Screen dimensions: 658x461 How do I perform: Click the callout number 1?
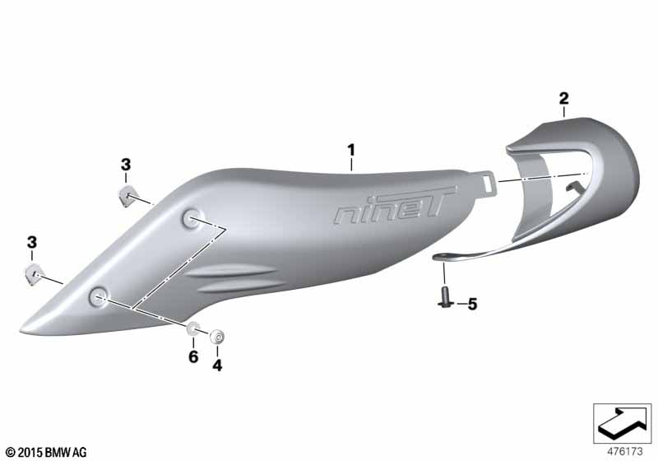[x=351, y=150]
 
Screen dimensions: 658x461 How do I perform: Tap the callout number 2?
[x=563, y=99]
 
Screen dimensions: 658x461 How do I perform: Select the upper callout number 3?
[x=126, y=165]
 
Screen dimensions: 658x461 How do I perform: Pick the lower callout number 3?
[x=32, y=242]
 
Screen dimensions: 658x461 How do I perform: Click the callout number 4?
[x=217, y=366]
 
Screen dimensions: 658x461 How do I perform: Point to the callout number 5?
[x=472, y=304]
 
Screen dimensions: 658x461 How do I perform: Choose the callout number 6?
[x=193, y=357]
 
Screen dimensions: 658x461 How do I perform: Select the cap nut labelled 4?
[x=217, y=337]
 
